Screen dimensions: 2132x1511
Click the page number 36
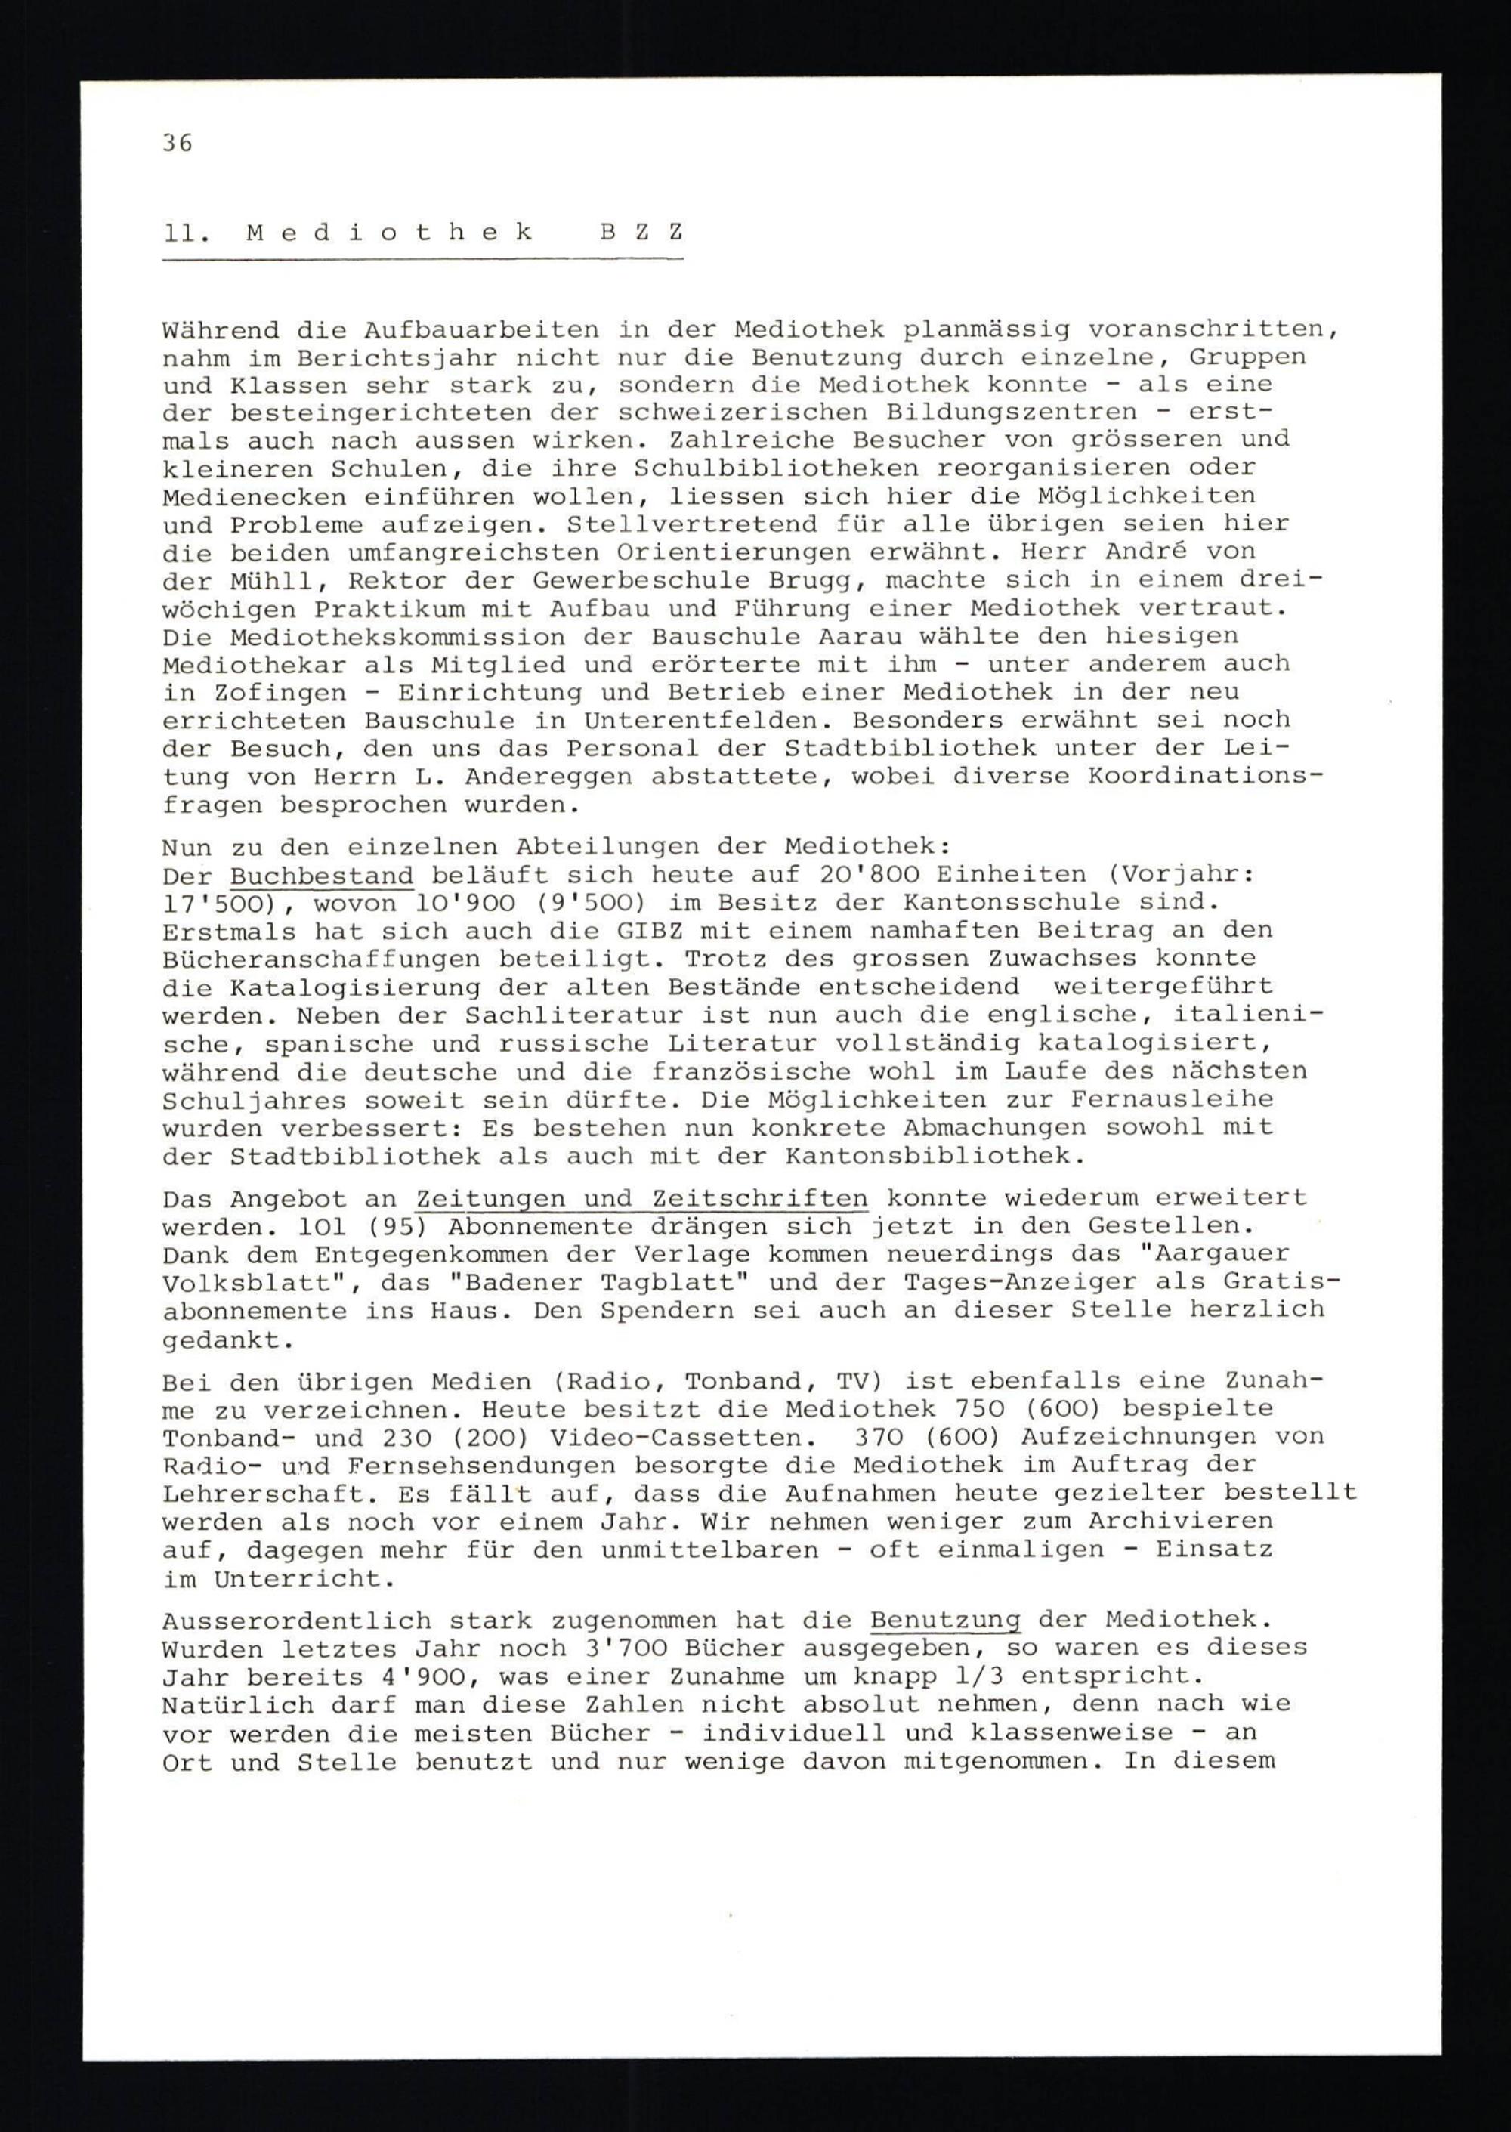177,142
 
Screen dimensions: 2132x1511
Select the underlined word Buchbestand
322,876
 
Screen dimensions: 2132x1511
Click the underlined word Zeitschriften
760,1199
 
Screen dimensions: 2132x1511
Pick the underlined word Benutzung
945,1621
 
